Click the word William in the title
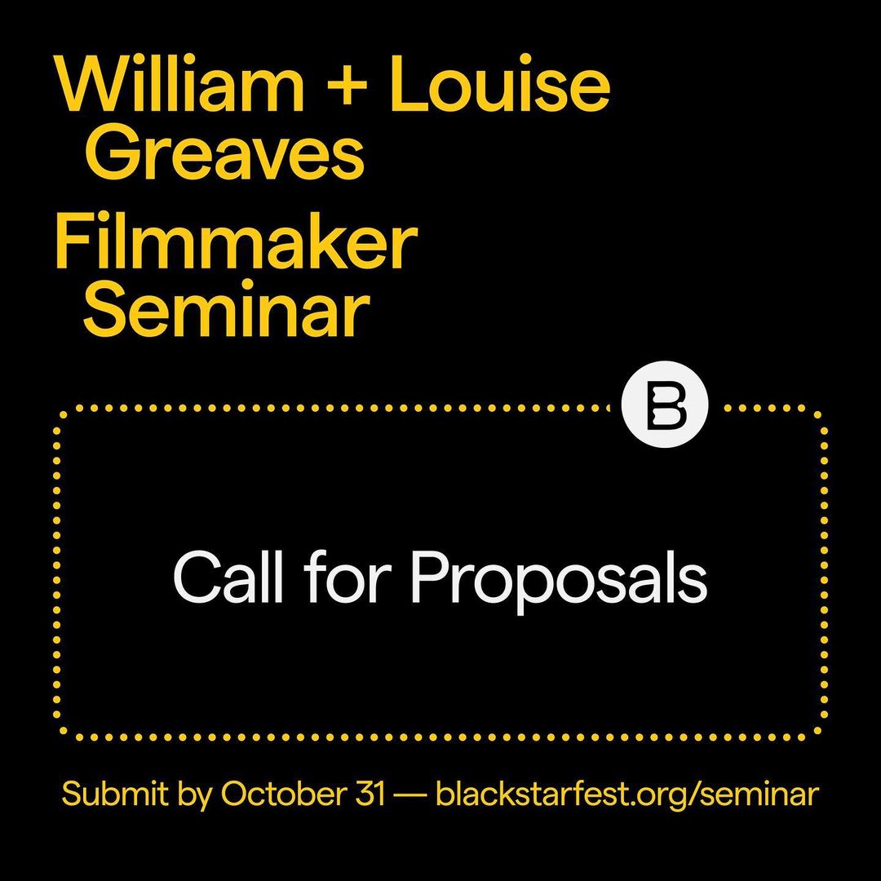(x=179, y=84)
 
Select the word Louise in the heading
(x=499, y=84)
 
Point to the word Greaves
(x=225, y=152)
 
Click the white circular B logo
(x=665, y=404)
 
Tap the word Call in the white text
(x=228, y=576)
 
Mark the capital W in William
(x=94, y=84)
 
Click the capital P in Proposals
(x=430, y=577)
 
